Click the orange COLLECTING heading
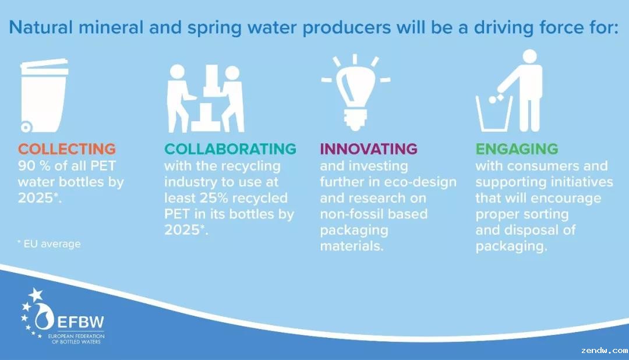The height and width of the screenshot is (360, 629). tap(66, 149)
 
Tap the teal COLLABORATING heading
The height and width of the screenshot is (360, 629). tap(230, 149)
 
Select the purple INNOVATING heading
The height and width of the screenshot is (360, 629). tap(369, 149)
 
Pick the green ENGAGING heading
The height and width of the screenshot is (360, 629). tap(517, 149)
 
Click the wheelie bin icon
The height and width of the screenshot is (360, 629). tap(43, 96)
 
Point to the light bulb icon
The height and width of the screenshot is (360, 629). tap(355, 92)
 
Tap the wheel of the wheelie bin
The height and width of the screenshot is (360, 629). tap(26, 127)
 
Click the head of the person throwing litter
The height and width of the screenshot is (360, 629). tap(529, 57)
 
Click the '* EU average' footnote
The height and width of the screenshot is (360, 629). tap(49, 243)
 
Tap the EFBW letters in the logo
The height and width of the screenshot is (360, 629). tap(80, 322)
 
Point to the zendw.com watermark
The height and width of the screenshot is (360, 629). tap(604, 350)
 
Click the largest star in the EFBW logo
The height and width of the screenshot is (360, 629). tap(36, 295)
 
